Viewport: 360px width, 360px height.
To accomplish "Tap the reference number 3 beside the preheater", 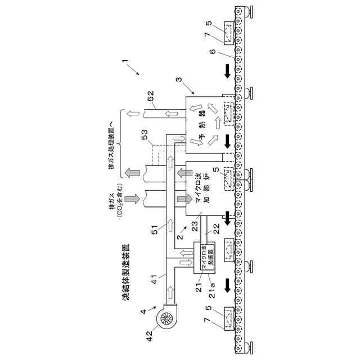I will pyautogui.click(x=178, y=81).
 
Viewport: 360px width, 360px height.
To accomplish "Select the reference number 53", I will pyautogui.click(x=145, y=135).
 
